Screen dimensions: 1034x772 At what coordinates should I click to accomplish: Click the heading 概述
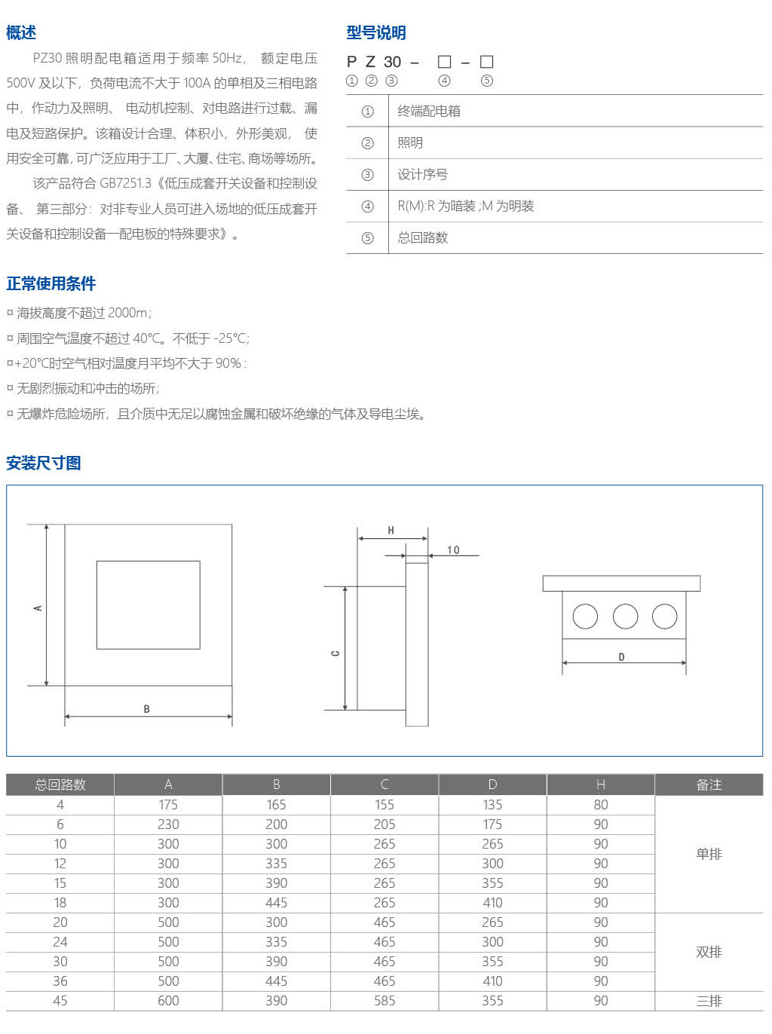(x=21, y=32)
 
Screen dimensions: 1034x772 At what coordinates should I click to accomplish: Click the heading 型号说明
(x=376, y=32)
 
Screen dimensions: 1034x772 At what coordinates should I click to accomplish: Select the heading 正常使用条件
(x=51, y=283)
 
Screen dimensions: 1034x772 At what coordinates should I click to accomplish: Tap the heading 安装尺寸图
(x=44, y=463)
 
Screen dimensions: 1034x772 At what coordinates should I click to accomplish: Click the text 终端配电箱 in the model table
(x=429, y=112)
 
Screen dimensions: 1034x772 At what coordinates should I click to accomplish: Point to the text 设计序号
(x=423, y=175)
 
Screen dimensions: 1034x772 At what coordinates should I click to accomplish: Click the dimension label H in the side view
(x=391, y=531)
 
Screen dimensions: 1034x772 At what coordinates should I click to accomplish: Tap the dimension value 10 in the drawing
(x=453, y=550)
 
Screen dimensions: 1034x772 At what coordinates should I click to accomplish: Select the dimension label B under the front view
(x=147, y=709)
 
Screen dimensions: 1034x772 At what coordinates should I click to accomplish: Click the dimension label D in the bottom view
(x=621, y=657)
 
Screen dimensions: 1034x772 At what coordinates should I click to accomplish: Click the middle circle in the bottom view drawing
(x=625, y=616)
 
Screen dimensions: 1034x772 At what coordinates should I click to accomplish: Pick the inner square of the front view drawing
(x=149, y=604)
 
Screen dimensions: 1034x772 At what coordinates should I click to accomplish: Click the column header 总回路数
(x=60, y=785)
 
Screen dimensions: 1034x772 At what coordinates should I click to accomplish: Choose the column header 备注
(x=709, y=785)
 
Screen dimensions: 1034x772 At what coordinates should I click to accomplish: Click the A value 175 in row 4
(x=168, y=805)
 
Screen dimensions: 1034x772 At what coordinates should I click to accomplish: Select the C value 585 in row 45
(x=384, y=1001)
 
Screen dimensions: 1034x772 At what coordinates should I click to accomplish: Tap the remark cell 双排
(x=709, y=952)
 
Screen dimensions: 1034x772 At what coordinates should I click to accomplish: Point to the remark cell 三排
(x=709, y=1001)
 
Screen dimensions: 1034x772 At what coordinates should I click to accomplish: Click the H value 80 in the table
(x=601, y=805)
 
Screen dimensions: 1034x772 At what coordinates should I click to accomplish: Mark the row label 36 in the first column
(x=60, y=981)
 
